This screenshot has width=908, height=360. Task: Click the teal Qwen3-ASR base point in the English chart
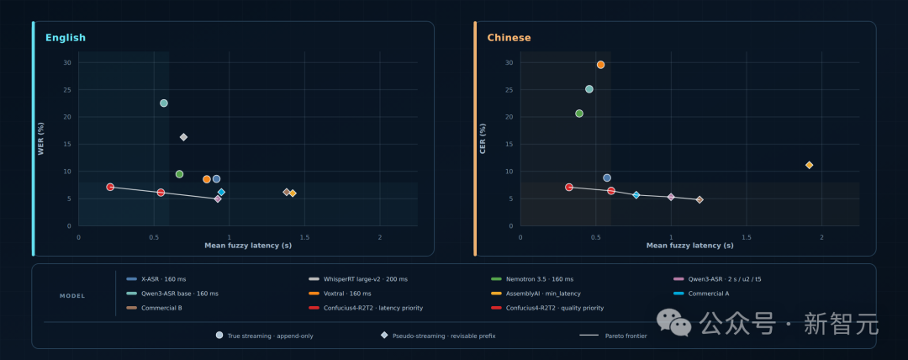point(164,103)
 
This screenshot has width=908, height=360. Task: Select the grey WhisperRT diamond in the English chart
point(183,137)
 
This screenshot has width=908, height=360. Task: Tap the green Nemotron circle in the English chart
point(180,174)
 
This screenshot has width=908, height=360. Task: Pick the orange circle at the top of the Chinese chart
point(600,65)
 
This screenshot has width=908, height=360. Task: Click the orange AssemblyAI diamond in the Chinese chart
point(809,165)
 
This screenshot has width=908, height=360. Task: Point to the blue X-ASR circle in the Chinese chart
point(607,178)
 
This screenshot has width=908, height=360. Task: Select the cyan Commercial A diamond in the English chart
point(221,193)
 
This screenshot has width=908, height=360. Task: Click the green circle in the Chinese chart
point(579,114)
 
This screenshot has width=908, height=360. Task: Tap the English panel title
point(66,38)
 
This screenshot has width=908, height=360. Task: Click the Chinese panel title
point(509,38)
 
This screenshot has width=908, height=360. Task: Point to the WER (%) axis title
point(41,139)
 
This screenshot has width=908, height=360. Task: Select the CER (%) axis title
point(483,139)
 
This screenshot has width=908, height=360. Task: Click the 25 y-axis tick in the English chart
point(67,90)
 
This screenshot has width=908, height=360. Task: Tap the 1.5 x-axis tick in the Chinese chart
point(746,237)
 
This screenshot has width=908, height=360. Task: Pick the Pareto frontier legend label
point(626,336)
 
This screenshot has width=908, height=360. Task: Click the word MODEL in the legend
point(72,296)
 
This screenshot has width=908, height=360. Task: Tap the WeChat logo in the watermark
point(673,322)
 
